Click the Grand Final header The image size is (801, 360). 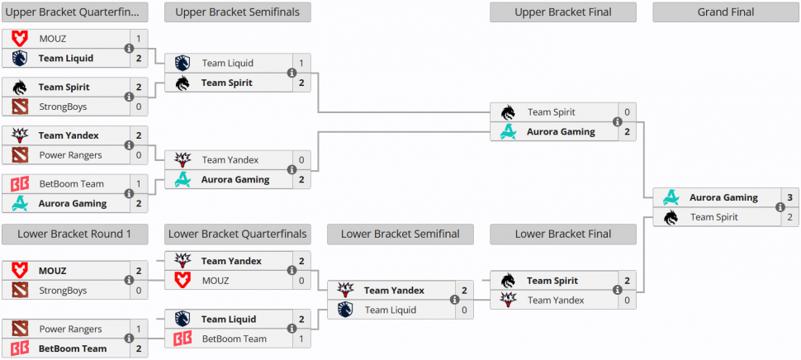[x=725, y=12]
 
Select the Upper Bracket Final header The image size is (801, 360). [x=562, y=12]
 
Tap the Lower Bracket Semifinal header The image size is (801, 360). [x=400, y=234]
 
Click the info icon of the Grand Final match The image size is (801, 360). [x=780, y=207]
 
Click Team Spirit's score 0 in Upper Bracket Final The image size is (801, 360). [x=627, y=112]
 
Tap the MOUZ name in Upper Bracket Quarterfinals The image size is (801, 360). [x=53, y=39]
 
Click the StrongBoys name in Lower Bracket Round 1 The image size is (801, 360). [x=63, y=291]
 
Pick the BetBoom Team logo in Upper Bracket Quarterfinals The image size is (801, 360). [x=20, y=184]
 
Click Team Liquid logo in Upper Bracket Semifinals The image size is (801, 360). [x=182, y=63]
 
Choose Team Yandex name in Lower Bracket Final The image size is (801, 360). [x=556, y=301]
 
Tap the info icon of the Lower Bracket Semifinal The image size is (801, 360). [x=454, y=300]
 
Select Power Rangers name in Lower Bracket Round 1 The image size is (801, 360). [x=71, y=329]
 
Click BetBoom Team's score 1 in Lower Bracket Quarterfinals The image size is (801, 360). [x=301, y=339]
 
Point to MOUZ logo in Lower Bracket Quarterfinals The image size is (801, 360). [x=182, y=281]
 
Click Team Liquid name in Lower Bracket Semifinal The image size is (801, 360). [x=391, y=310]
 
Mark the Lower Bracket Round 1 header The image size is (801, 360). [x=74, y=234]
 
